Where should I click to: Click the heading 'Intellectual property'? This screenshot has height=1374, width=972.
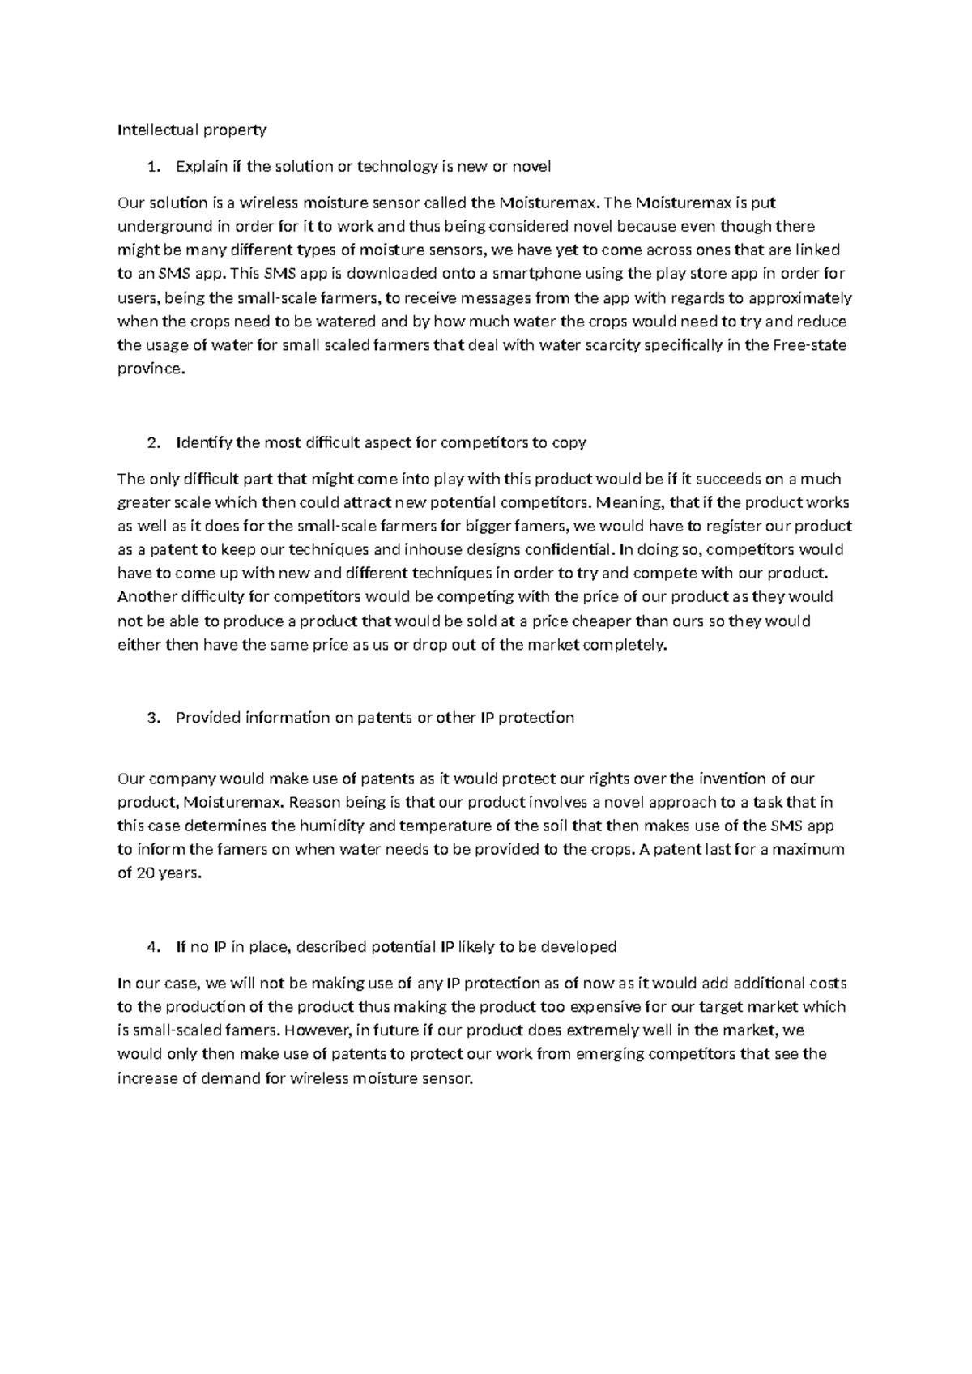[x=192, y=130]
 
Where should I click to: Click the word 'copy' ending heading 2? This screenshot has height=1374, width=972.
[x=569, y=443]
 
